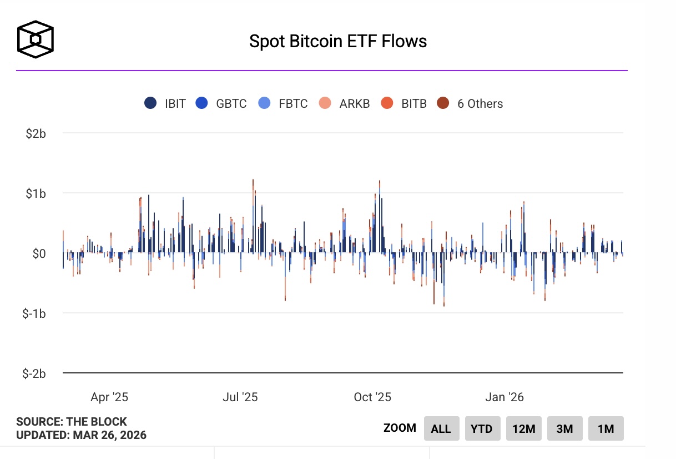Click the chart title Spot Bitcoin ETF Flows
pyautogui.click(x=338, y=41)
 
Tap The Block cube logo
pyautogui.click(x=36, y=40)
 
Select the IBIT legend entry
pyautogui.click(x=165, y=103)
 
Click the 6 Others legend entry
pyautogui.click(x=470, y=103)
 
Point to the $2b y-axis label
pyautogui.click(x=36, y=133)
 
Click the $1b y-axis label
pyautogui.click(x=36, y=193)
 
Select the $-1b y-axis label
pyautogui.click(x=34, y=313)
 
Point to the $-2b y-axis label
pyautogui.click(x=34, y=373)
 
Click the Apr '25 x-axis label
pyautogui.click(x=109, y=397)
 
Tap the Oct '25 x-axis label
pyautogui.click(x=372, y=397)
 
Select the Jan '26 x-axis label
pyautogui.click(x=504, y=397)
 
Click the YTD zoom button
pyautogui.click(x=482, y=428)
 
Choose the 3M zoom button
pyautogui.click(x=564, y=428)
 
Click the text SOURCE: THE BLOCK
pyautogui.click(x=72, y=422)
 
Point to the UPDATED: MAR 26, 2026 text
pyautogui.click(x=81, y=435)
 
